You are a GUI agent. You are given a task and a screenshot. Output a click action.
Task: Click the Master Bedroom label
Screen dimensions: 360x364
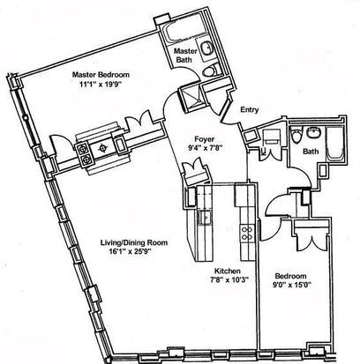(101, 75)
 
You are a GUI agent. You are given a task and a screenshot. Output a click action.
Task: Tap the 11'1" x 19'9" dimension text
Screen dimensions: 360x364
(101, 85)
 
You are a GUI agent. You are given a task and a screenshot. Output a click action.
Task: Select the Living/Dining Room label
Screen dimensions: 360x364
(134, 242)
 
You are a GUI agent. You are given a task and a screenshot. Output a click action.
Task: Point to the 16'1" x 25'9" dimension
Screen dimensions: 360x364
(130, 251)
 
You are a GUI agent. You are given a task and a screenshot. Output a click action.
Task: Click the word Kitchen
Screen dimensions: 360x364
(227, 271)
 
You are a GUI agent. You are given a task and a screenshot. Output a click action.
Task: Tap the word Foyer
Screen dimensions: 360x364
(205, 139)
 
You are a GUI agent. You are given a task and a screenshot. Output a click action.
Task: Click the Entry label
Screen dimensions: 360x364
(250, 110)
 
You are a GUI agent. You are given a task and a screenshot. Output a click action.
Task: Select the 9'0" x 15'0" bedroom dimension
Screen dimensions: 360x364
(291, 285)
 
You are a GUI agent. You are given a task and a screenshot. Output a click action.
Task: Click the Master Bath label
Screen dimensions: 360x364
(185, 56)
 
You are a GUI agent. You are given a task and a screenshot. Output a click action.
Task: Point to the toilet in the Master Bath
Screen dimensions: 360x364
(212, 71)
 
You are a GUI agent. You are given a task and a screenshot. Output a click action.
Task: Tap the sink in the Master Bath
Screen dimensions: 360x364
(207, 48)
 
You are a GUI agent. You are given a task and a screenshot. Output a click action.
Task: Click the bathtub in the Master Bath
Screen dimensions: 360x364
(180, 32)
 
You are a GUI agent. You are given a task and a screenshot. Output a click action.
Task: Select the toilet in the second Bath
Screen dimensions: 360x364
(296, 136)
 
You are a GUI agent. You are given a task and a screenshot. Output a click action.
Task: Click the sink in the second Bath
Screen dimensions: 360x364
(314, 132)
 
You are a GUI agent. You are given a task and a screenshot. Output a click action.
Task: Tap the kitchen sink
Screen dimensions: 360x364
(205, 218)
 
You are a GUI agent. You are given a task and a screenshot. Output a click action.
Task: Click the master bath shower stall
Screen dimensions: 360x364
(192, 100)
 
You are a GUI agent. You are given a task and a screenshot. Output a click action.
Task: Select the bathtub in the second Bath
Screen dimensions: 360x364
(335, 144)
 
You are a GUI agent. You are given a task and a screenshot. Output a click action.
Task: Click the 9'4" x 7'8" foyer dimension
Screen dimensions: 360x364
(205, 148)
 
